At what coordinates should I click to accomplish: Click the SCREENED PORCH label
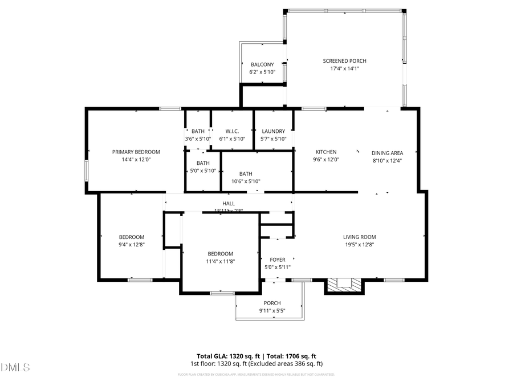[344, 61]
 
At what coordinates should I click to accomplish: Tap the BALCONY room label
[262, 64]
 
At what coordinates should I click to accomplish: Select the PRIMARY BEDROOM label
[136, 152]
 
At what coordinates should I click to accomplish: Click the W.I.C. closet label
[231, 131]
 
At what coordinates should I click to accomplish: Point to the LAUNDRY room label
[273, 131]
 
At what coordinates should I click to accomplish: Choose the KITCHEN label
[326, 152]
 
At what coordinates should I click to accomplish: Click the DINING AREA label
[387, 152]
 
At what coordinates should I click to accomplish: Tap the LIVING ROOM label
[359, 237]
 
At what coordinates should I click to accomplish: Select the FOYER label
[277, 260]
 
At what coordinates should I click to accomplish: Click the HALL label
[229, 203]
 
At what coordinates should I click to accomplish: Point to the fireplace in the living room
[344, 284]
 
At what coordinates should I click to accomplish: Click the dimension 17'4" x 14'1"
[344, 68]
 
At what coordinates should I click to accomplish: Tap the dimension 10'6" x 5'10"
[246, 181]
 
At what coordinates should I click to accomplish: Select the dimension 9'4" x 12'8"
[131, 244]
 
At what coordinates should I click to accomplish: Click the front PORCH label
[272, 303]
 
